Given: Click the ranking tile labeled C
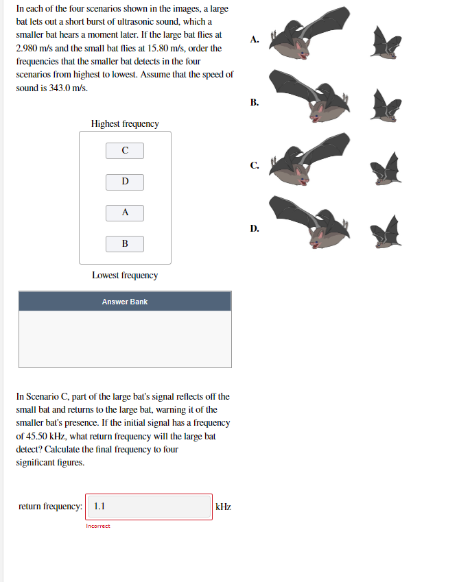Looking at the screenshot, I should pos(124,149).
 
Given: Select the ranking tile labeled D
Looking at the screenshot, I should pos(124,181).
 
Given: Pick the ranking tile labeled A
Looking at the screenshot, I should pos(124,213).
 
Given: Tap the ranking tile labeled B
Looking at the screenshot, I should pos(124,243).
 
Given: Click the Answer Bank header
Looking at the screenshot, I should pos(124,302).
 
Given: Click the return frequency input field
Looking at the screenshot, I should pos(149,507).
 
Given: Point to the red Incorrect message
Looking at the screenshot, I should pos(98,526).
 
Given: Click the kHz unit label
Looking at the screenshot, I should pos(223,507).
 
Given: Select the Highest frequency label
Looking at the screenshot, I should pos(124,123).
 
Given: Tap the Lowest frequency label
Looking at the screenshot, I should pos(124,275).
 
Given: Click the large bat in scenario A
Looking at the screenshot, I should pos(309,38).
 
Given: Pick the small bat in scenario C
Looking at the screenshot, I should pos(386,167).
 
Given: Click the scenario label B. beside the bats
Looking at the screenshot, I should pos(255,102).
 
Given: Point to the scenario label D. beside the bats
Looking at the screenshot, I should pos(255,228).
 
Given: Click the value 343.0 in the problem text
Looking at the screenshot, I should pos(62,88).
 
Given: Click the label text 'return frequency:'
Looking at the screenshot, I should pos(50,507).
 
